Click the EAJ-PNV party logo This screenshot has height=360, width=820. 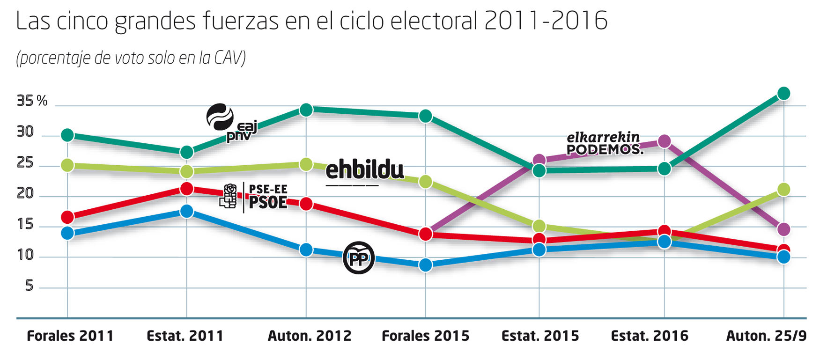click(231, 123)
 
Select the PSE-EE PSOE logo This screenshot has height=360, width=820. click(254, 197)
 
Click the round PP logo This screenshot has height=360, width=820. click(359, 258)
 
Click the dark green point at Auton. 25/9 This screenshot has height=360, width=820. click(783, 94)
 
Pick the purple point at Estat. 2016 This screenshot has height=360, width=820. click(664, 141)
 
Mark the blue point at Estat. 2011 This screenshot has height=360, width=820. click(187, 211)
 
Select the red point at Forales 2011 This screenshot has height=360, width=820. click(67, 217)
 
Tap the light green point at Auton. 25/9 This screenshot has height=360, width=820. click(783, 190)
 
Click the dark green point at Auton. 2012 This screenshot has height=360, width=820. click(306, 110)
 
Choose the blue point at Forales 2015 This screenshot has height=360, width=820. click(425, 265)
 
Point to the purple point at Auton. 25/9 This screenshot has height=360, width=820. click(783, 229)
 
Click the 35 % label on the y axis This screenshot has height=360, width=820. click(32, 101)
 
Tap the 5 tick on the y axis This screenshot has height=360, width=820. click(29, 286)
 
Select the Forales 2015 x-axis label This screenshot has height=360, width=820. click(425, 336)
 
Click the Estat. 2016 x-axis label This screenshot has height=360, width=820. click(650, 336)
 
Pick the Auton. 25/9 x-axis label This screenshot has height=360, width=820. click(766, 336)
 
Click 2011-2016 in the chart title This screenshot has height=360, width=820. click(546, 21)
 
